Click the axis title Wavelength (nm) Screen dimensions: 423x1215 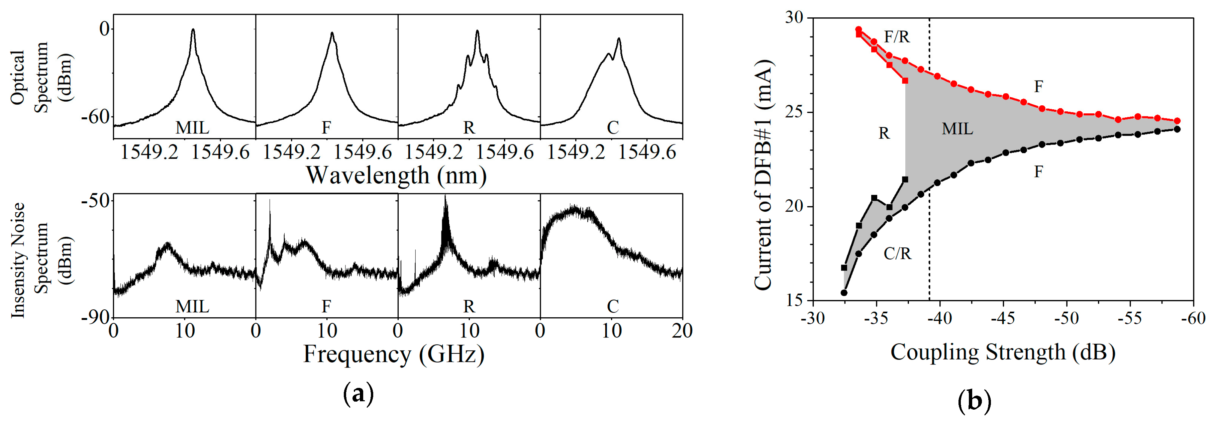pos(396,176)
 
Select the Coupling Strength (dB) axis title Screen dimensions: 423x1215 pos(1003,352)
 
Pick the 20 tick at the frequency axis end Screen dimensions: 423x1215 pos(682,331)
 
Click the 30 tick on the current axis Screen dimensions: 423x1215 pos(794,17)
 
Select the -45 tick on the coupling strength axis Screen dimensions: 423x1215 pos(1002,319)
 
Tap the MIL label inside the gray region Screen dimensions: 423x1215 pos(957,129)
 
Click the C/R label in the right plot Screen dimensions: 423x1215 pos(897,254)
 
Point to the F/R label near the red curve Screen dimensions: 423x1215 pos(896,37)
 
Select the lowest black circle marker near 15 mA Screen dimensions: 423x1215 pos(844,293)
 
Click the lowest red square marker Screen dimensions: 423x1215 pos(905,81)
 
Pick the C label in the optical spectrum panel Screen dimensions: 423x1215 pos(612,128)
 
